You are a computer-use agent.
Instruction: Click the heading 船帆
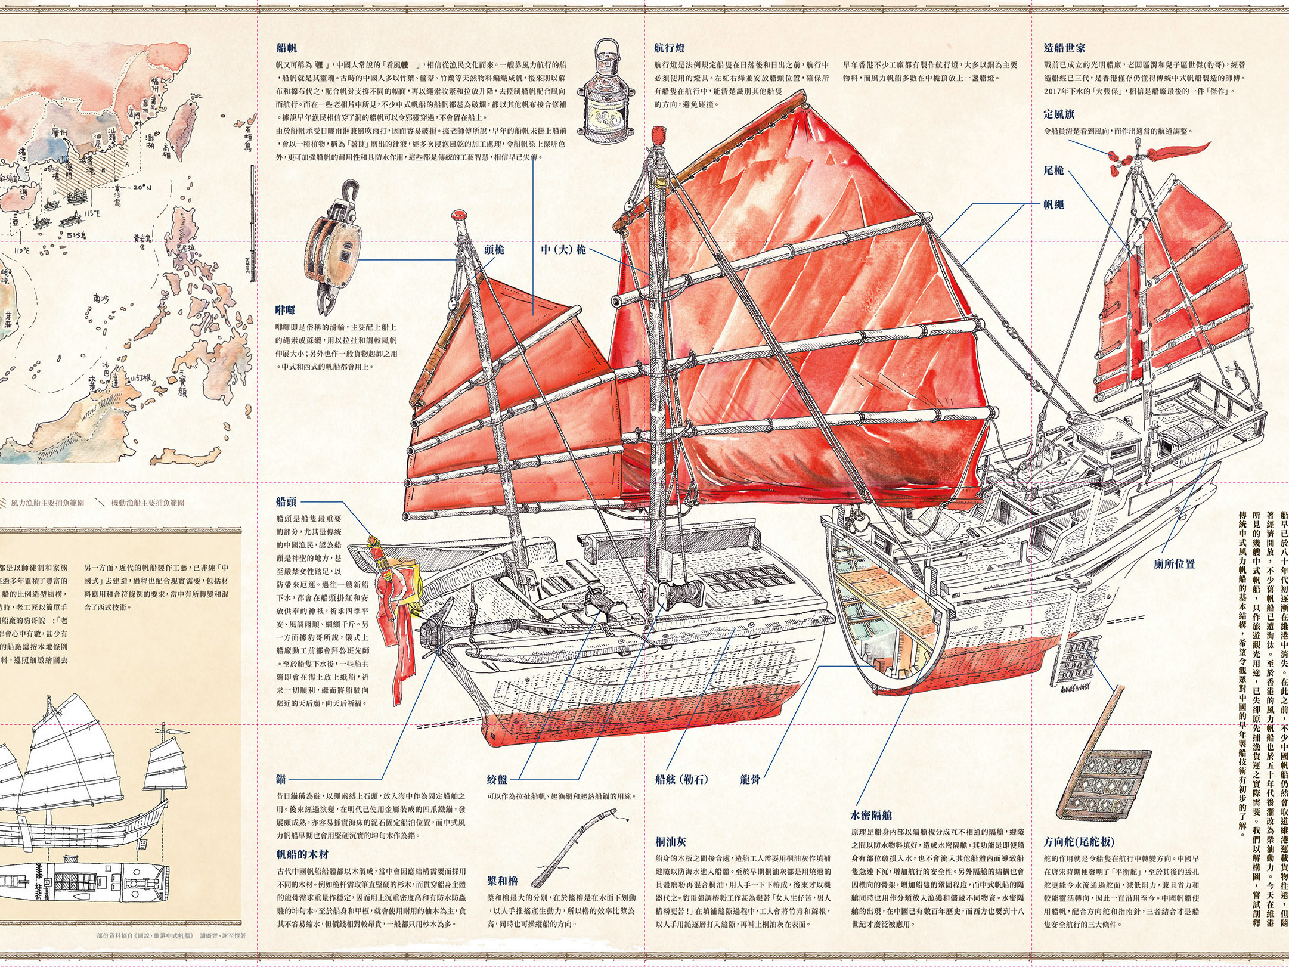286,48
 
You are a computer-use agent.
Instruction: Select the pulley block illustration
334,250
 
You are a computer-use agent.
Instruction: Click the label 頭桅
494,249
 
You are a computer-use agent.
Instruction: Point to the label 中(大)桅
563,249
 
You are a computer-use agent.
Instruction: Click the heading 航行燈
669,48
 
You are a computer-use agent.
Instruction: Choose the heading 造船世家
1064,48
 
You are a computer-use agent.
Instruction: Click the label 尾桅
1053,171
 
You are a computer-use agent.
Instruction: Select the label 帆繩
1053,204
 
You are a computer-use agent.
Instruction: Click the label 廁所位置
1173,563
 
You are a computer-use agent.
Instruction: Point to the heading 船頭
286,502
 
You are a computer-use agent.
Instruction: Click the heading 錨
281,779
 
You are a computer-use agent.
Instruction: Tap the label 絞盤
497,779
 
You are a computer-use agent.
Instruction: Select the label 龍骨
750,779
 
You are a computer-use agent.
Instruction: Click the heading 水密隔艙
870,815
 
